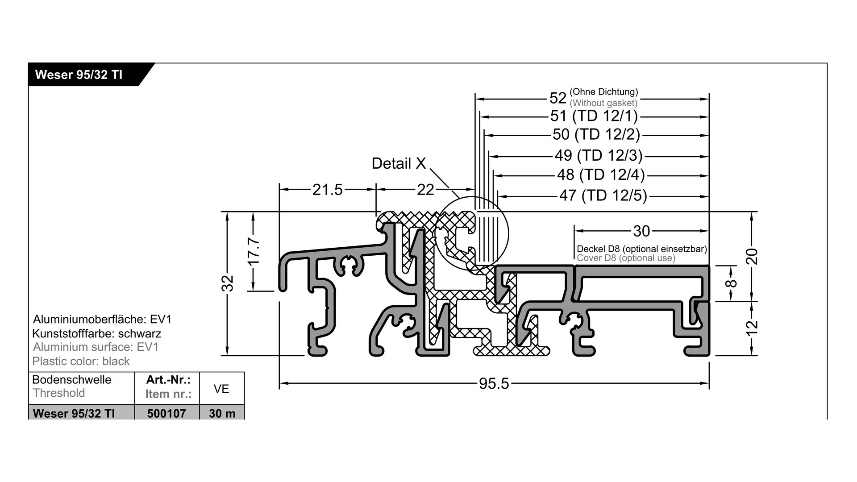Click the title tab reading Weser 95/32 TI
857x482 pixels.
pyautogui.click(x=79, y=75)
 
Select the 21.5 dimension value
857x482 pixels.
pyautogui.click(x=327, y=190)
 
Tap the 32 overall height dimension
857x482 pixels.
pyautogui.click(x=228, y=283)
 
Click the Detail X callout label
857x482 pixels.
pyautogui.click(x=399, y=163)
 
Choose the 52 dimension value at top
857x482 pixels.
pyautogui.click(x=558, y=98)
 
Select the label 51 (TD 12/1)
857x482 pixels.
pyautogui.click(x=594, y=116)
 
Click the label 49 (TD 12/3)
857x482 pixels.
pyautogui.click(x=599, y=155)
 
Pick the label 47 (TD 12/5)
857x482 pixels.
pyautogui.click(x=603, y=195)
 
